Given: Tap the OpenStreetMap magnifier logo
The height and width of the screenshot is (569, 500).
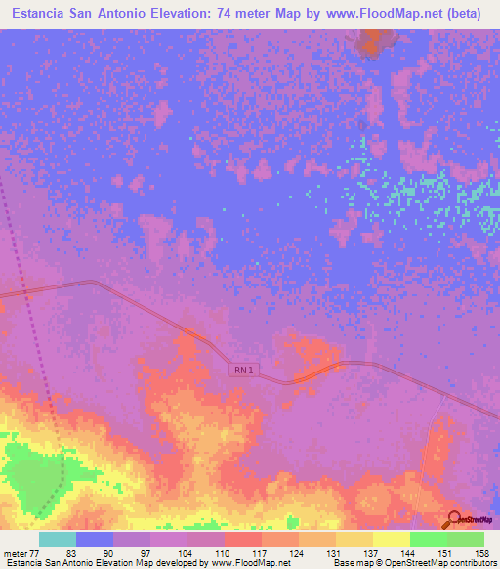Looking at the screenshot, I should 452,521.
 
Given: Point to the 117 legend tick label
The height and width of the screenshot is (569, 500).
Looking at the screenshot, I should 262,552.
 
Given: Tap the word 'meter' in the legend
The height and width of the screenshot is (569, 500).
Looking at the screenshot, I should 18,552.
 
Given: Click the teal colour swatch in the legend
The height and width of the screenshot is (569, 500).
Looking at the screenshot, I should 58,539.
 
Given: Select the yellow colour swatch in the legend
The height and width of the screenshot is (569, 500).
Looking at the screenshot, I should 391,539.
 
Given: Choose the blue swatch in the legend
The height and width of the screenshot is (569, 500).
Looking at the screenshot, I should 95,539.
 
